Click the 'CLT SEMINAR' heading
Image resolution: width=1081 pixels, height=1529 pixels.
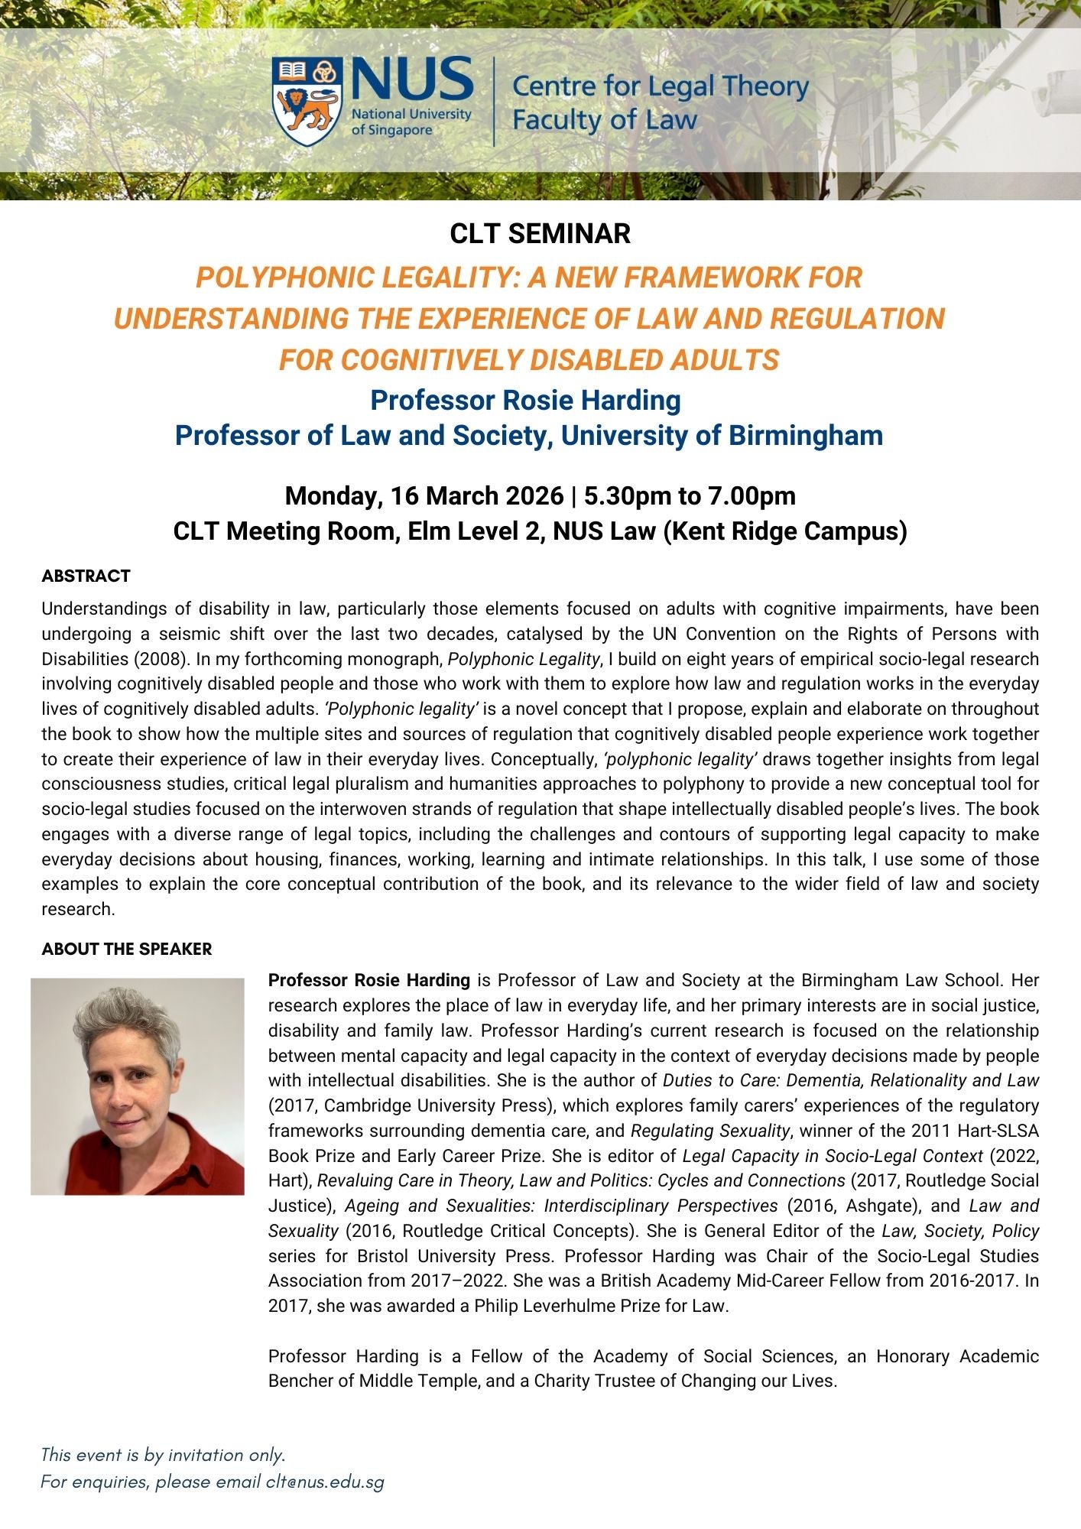point(540,234)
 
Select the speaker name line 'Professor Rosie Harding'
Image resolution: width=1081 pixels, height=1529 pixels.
point(525,400)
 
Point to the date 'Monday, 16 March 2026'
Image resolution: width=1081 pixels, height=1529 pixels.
point(424,496)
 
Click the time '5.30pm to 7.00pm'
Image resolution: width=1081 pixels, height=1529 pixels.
point(690,496)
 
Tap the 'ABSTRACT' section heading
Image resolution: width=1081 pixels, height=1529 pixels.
point(86,576)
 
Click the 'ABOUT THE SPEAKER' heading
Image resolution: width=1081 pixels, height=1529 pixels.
point(126,949)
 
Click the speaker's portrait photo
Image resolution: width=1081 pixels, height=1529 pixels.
point(138,1086)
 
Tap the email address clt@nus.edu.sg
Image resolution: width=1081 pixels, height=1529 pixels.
point(325,1482)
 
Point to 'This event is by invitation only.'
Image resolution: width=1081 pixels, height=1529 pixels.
point(163,1454)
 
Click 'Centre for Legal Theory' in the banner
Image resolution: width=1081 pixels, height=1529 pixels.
point(660,86)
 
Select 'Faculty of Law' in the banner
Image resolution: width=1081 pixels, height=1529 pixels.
point(604,120)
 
